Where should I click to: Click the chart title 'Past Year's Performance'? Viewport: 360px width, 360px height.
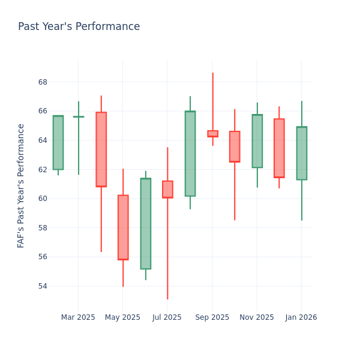(79, 27)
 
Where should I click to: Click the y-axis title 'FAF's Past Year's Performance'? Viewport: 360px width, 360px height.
(22, 185)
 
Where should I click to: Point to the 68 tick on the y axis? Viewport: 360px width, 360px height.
(43, 82)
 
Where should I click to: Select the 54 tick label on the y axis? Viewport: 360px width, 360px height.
(43, 286)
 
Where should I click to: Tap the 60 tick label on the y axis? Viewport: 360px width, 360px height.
(43, 199)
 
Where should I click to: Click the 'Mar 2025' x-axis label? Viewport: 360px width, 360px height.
(78, 317)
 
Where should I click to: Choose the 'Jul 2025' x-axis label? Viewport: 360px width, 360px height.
(167, 317)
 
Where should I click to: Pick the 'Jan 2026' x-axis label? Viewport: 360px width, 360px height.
(301, 317)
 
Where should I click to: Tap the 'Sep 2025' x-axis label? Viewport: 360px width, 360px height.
(212, 317)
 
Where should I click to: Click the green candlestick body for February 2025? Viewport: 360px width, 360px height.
(58, 143)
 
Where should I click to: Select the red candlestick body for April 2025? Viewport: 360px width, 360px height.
(101, 149)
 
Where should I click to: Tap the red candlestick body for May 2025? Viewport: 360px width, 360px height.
(123, 227)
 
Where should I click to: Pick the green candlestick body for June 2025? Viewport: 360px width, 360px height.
(145, 223)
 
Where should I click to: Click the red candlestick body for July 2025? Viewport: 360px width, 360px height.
(167, 190)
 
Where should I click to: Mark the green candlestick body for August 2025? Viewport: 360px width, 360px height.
(190, 154)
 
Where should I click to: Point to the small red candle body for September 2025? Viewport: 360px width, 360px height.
(212, 134)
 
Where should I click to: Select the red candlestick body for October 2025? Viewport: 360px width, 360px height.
(235, 146)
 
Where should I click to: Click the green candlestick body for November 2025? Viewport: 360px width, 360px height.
(257, 141)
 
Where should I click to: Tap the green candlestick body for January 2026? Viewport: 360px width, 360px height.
(301, 153)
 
